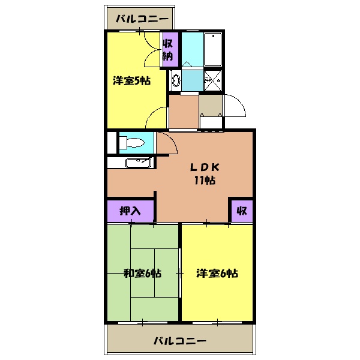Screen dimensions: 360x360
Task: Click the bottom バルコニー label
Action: (x=180, y=341)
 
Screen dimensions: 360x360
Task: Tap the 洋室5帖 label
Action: (x=131, y=82)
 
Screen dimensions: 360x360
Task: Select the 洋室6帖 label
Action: (x=217, y=274)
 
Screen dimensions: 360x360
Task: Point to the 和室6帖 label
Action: (x=142, y=274)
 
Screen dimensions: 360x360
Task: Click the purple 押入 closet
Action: (x=131, y=211)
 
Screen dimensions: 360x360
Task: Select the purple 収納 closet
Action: (x=169, y=49)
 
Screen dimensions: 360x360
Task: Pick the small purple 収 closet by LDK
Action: (x=242, y=211)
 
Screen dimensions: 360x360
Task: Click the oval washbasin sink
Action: (x=175, y=79)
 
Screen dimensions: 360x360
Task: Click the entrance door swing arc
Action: (x=235, y=107)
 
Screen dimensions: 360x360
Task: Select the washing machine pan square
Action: (x=213, y=79)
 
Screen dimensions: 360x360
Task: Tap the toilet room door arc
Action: (x=166, y=142)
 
